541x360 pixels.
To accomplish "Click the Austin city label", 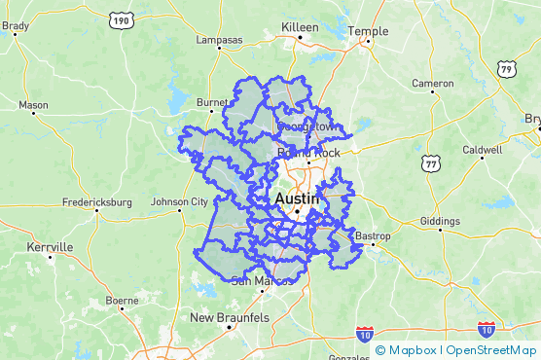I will point(297,198).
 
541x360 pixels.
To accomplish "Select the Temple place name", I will point(368,31).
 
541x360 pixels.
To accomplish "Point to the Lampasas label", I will point(219,40).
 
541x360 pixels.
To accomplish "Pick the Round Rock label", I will point(308,153).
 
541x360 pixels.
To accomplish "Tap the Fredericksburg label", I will point(96,202).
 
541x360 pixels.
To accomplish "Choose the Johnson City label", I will point(179,202).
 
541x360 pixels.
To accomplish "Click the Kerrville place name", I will point(50,247).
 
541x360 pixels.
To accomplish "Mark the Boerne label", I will point(122,301).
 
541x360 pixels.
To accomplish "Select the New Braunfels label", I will point(229,318).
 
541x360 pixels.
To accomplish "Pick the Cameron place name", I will point(432,84).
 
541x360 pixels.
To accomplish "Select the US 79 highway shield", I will point(505,69).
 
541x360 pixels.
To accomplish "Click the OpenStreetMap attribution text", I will point(490,350).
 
